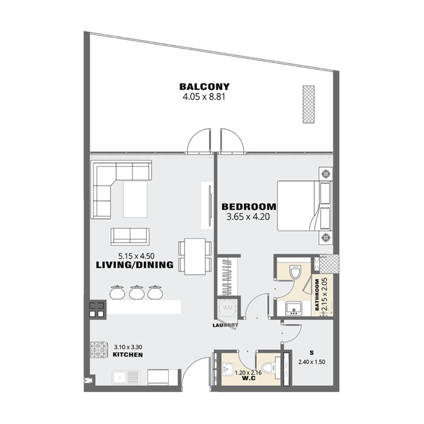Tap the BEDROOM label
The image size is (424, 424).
coord(249,206)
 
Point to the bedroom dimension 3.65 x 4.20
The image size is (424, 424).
coord(249,216)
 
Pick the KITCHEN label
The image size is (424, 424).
coord(127,355)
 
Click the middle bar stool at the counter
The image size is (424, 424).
coord(137,291)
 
